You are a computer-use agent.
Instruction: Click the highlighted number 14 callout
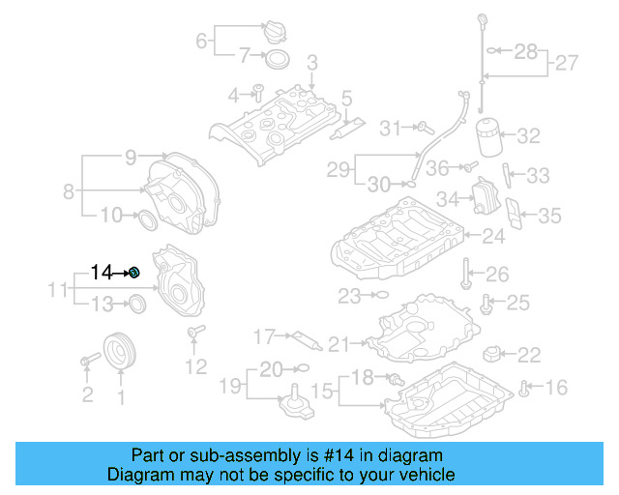pos(102,273)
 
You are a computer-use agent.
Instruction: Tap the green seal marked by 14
pos(135,274)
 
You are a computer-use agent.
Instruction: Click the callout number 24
pos(494,235)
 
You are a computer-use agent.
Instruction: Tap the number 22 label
pos(529,355)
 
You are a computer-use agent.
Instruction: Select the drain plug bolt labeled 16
pos(524,389)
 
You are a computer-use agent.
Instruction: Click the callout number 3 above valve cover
pos(312,64)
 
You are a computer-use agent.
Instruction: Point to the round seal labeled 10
pos(145,218)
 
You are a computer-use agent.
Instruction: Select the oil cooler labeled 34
pos(486,198)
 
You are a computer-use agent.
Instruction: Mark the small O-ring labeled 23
pos(380,294)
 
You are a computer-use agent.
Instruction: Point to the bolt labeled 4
pos(258,93)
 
